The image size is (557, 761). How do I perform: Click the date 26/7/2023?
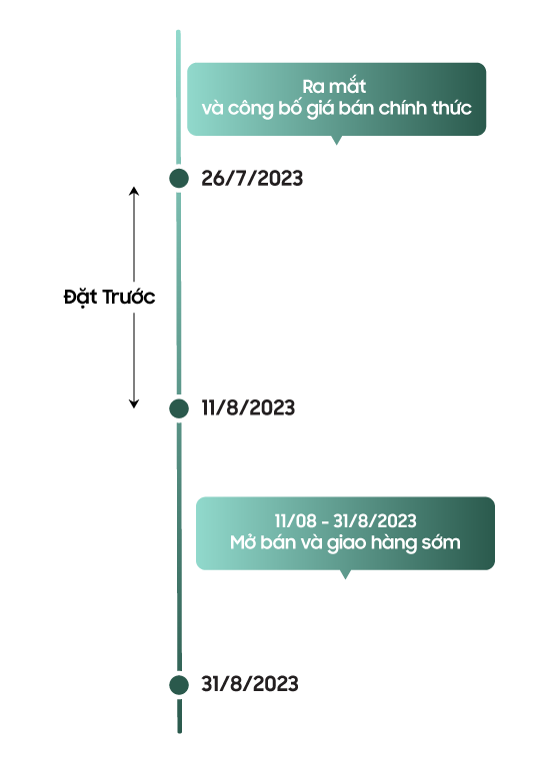[252, 178]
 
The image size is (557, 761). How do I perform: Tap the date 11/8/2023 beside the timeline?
[248, 407]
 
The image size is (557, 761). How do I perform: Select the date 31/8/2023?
[250, 684]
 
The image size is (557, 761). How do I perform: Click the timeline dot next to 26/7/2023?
[179, 178]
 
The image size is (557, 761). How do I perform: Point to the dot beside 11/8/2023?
[179, 408]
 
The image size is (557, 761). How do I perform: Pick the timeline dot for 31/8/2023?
[179, 685]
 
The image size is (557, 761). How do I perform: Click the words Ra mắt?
[334, 87]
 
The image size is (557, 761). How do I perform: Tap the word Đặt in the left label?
[81, 297]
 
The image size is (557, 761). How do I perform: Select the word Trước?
[129, 297]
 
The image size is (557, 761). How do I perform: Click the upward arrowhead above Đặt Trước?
[134, 190]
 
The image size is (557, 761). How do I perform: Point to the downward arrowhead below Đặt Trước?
[134, 403]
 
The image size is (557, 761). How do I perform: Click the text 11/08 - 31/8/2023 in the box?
[345, 520]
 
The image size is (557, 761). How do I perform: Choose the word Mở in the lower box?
[243, 542]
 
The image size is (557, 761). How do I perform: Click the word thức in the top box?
[451, 108]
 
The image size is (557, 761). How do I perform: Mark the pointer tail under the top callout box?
[336, 140]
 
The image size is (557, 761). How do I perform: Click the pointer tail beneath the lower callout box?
[345, 574]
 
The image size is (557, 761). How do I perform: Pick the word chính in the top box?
[403, 108]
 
